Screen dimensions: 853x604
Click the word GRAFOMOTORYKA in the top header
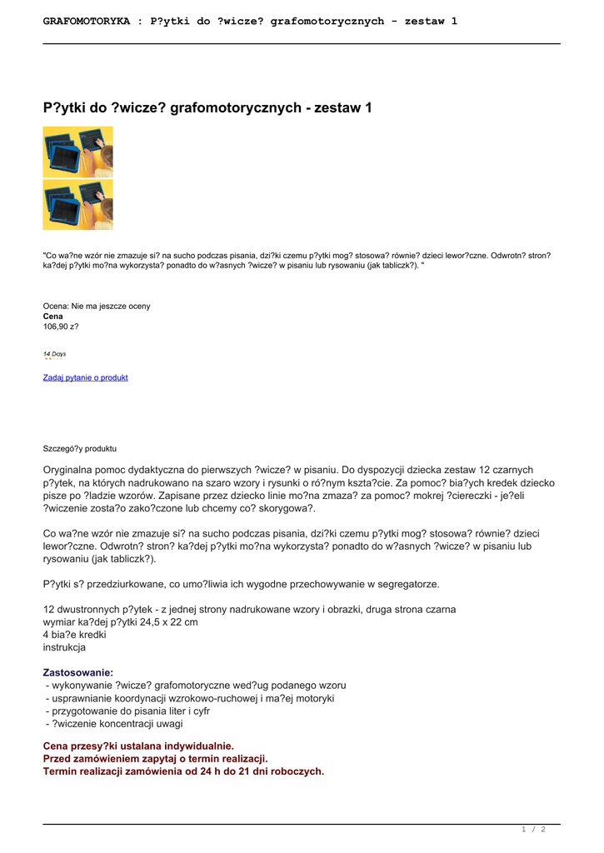pyautogui.click(x=87, y=21)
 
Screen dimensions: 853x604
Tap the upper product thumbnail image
pyautogui.click(x=77, y=152)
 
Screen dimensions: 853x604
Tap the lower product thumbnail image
pyautogui.click(x=77, y=205)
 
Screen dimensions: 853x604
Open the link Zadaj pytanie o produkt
pyautogui.click(x=85, y=377)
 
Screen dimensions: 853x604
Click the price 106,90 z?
pyautogui.click(x=61, y=327)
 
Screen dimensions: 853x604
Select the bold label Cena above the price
pyautogui.click(x=53, y=317)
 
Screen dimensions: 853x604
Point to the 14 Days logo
pyautogui.click(x=55, y=355)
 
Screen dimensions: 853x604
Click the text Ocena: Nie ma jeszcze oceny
pyautogui.click(x=97, y=306)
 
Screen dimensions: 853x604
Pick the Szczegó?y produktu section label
pyautogui.click(x=80, y=447)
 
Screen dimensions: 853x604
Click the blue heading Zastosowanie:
pyautogui.click(x=78, y=671)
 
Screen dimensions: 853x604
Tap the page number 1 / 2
pyautogui.click(x=533, y=829)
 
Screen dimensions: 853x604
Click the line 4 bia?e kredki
pyautogui.click(x=74, y=634)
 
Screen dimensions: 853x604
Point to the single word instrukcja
pyautogui.click(x=64, y=646)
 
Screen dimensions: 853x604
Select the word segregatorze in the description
pyautogui.click(x=398, y=583)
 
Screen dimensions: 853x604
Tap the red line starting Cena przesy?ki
pyautogui.click(x=138, y=746)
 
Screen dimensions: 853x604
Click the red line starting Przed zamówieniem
pyautogui.click(x=155, y=759)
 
